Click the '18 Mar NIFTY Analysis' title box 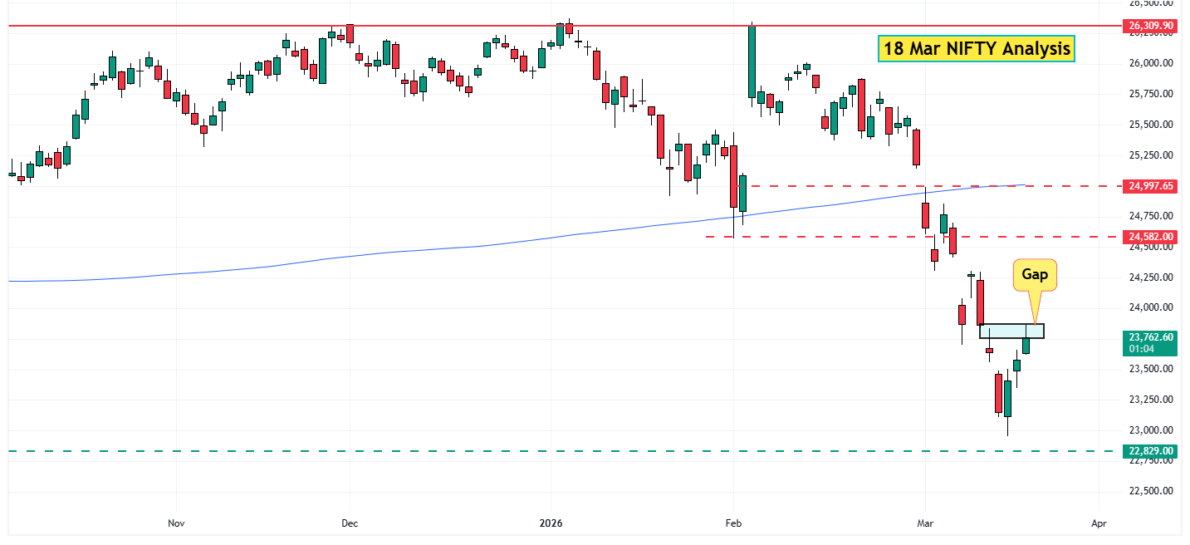(x=976, y=49)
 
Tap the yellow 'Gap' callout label (x=1035, y=275)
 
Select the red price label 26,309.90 (x=1151, y=26)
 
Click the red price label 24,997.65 (x=1151, y=186)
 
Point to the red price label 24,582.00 (x=1151, y=237)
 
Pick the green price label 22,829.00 (x=1151, y=451)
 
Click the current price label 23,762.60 (x=1151, y=337)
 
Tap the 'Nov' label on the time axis (x=175, y=523)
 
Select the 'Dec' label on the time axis (x=350, y=523)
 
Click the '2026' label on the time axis (x=551, y=523)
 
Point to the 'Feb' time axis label (x=733, y=523)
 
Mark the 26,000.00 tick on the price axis (x=1150, y=63)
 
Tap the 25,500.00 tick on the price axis (x=1150, y=125)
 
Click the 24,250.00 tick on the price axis (x=1150, y=277)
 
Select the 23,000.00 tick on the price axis (x=1150, y=430)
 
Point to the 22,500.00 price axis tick (x=1150, y=491)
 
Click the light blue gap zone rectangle (x=1011, y=331)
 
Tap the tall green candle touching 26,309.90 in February (x=752, y=61)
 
